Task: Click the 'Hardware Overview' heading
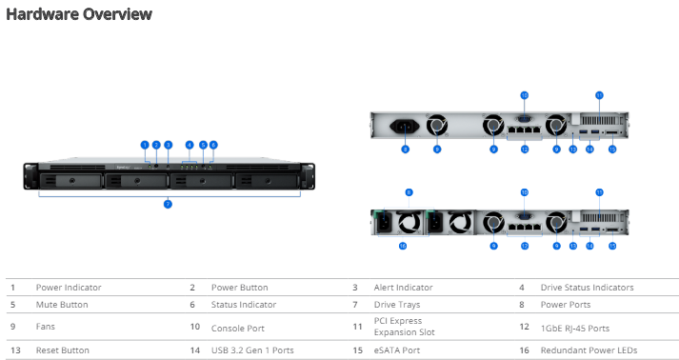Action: click(x=79, y=14)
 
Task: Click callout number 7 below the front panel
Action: click(x=168, y=204)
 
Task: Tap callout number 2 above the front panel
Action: click(x=155, y=145)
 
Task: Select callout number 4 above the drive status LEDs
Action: click(x=190, y=145)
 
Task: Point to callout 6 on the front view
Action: click(x=213, y=145)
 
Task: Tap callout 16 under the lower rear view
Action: click(x=403, y=246)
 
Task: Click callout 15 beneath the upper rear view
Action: click(x=612, y=149)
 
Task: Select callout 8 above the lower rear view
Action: click(x=409, y=191)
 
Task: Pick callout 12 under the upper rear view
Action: click(x=524, y=149)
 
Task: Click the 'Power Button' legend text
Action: click(x=239, y=287)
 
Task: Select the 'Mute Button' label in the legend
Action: click(x=62, y=305)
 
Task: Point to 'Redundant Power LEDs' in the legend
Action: click(x=589, y=350)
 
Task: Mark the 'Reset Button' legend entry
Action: click(x=62, y=350)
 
